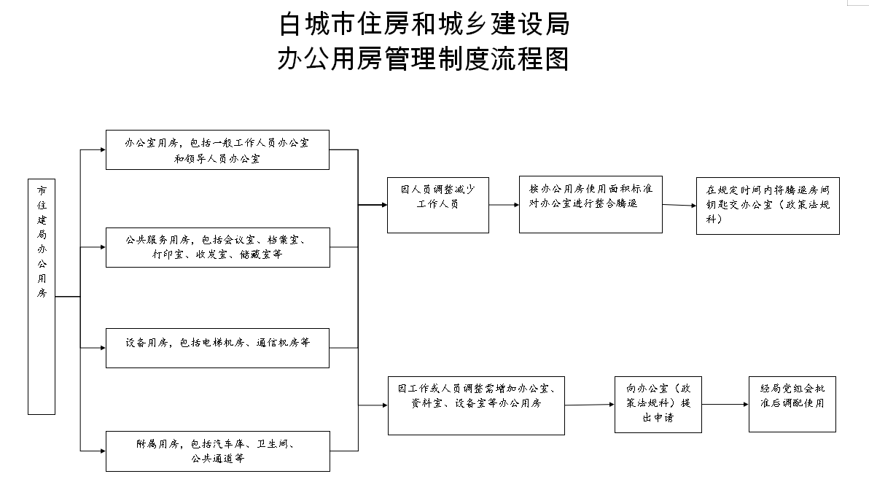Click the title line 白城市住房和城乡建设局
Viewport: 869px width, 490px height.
click(x=424, y=24)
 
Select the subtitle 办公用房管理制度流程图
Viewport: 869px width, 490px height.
click(x=424, y=59)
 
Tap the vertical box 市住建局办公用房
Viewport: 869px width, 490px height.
click(x=42, y=297)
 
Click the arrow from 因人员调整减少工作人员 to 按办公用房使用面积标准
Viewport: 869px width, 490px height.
click(x=504, y=205)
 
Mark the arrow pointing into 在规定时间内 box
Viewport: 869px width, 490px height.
click(x=679, y=205)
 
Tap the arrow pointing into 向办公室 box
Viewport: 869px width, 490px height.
click(x=591, y=405)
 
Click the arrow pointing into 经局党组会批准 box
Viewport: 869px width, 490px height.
click(x=725, y=404)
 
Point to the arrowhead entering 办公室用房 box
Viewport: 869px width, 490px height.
click(x=103, y=149)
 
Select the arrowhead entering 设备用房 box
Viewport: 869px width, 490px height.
click(x=103, y=348)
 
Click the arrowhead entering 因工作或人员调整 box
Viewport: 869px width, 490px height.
click(x=385, y=405)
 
